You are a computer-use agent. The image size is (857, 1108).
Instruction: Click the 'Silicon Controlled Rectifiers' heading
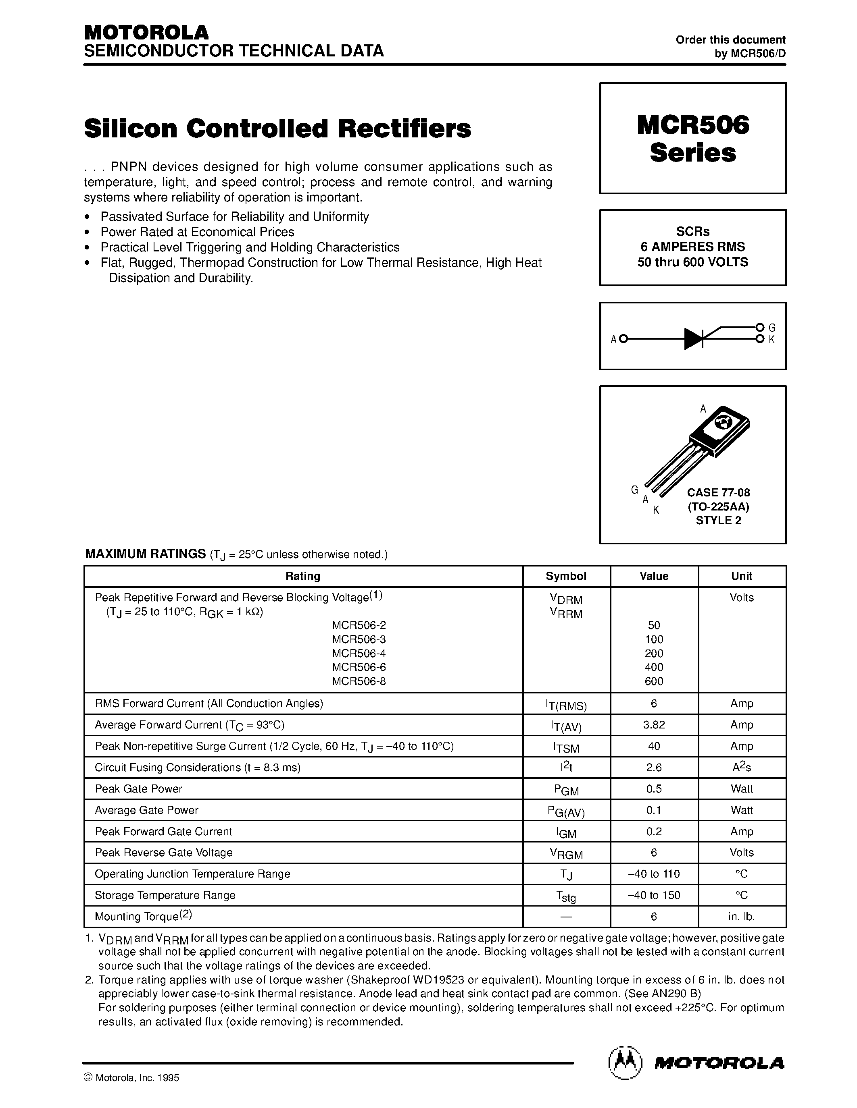tap(277, 129)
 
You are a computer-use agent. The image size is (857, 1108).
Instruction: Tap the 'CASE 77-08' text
tap(718, 493)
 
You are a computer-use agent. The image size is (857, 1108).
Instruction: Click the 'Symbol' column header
tap(565, 576)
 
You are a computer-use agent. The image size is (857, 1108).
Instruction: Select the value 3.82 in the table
tap(653, 725)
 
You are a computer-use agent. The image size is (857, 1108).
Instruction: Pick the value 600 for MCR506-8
tap(653, 681)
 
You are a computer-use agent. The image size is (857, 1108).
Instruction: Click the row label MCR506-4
tap(359, 654)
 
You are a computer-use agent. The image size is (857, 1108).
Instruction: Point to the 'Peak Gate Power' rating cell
tap(139, 789)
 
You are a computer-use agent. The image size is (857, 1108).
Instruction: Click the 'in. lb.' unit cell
tap(741, 917)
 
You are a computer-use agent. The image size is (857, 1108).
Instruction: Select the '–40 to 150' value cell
tap(653, 895)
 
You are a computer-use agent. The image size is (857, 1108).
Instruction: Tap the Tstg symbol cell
tap(565, 896)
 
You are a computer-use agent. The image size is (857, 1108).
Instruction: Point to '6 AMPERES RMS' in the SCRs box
tap(692, 247)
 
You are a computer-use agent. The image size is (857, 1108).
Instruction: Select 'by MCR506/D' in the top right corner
tap(749, 54)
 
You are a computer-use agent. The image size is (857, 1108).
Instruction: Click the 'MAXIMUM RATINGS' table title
tap(145, 554)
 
